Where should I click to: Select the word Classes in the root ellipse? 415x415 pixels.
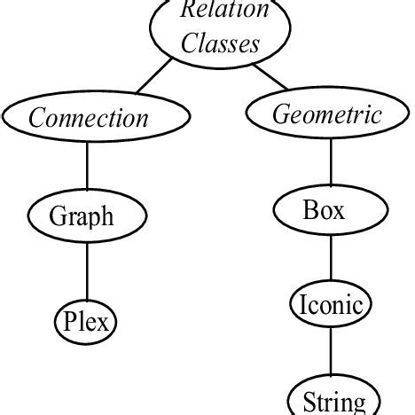tap(220, 43)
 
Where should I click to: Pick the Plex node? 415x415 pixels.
tap(86, 321)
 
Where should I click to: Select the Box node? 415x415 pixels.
tap(324, 211)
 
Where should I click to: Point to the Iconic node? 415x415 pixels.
tap(329, 306)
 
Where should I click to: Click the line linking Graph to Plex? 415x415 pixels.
tap(86, 270)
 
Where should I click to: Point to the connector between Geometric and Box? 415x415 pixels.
tap(330, 163)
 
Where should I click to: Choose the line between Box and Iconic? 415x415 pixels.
tap(330, 260)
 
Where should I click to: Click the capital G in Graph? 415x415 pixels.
tap(58, 215)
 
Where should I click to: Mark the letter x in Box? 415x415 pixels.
tap(339, 213)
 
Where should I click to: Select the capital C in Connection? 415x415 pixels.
tap(38, 118)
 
